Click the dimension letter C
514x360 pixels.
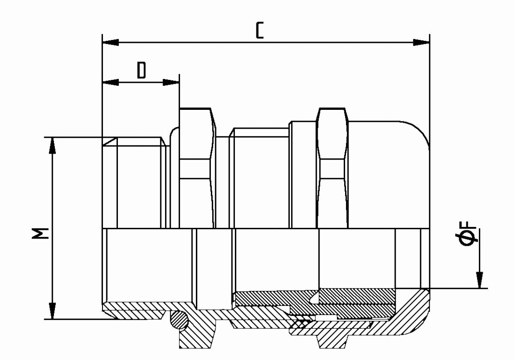point(259,31)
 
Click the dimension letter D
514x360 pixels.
point(141,70)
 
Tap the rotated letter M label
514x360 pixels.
point(40,233)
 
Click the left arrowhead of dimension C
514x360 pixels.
point(111,42)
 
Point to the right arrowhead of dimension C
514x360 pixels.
point(421,42)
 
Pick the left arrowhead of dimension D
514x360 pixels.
point(111,82)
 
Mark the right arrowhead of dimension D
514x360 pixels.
point(171,82)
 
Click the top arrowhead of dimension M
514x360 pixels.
point(52,146)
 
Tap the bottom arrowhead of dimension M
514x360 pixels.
point(52,311)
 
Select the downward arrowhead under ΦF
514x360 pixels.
point(480,280)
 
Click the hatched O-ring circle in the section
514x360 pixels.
point(179,319)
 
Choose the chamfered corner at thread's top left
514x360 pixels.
point(109,142)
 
